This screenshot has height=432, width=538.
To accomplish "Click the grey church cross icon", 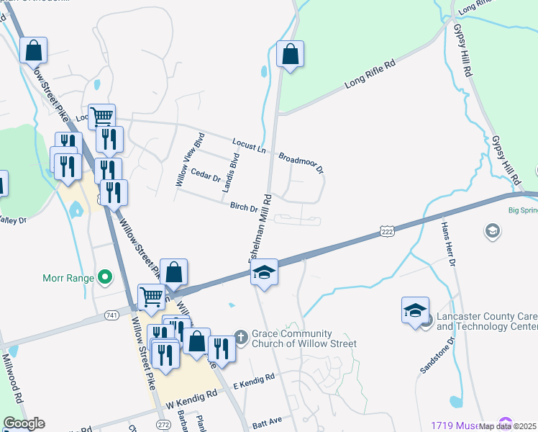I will (241, 338).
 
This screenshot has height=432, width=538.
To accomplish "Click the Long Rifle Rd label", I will (371, 74).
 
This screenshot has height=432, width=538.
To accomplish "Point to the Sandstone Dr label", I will (434, 353).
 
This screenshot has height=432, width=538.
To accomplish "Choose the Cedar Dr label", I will (206, 174).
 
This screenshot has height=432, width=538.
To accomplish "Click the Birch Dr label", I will (244, 207).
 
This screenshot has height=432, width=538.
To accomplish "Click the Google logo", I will (24, 424).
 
